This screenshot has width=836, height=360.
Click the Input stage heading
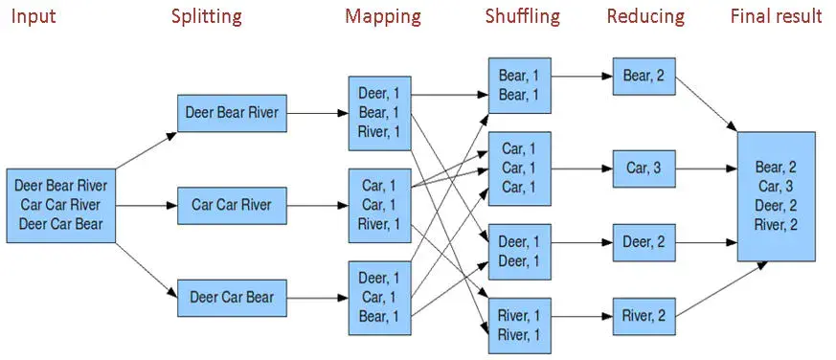tap(32, 16)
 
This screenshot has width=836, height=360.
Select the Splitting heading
tap(206, 16)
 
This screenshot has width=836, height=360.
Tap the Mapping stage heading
tap(383, 16)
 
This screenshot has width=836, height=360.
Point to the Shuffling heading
tap(524, 16)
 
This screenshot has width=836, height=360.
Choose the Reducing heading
tap(645, 16)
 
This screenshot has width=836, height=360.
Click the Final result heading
tap(776, 16)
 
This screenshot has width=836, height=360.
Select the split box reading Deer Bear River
tap(232, 113)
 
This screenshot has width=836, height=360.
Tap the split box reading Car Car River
tap(232, 204)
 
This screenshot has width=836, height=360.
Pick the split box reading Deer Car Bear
tap(232, 296)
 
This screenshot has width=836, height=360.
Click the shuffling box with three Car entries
tap(519, 168)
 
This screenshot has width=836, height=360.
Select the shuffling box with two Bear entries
tap(519, 85)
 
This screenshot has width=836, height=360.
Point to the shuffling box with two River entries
tap(519, 325)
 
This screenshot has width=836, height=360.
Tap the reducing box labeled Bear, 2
tap(644, 76)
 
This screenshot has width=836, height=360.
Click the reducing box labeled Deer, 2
tap(644, 242)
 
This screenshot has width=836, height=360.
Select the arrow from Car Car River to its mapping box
tap(316, 204)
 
